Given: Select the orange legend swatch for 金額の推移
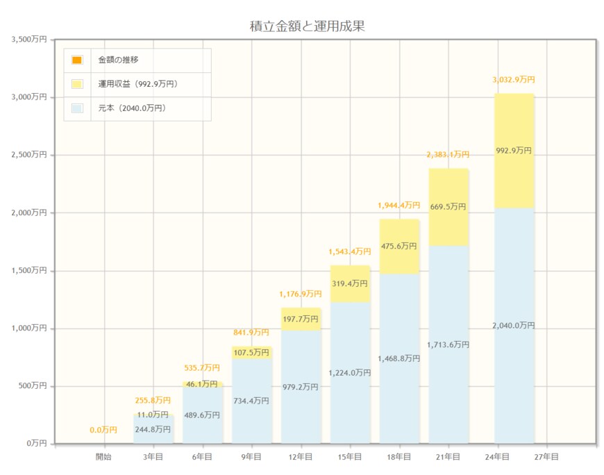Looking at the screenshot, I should click(x=76, y=60).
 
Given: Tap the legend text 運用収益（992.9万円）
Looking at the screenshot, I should click(x=138, y=84).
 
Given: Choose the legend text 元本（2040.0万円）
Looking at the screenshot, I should click(x=132, y=108).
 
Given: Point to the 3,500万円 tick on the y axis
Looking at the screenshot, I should click(x=29, y=40).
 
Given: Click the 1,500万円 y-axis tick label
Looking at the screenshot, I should click(x=29, y=271).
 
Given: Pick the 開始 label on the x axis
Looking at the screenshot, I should click(x=103, y=457).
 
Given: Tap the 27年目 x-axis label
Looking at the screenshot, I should click(x=546, y=457).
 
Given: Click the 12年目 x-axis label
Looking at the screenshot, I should click(x=301, y=457).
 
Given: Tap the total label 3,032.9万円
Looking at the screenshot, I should click(x=514, y=80).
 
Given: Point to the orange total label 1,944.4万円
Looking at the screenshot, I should click(x=399, y=206).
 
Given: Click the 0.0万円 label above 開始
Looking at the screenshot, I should click(x=103, y=430).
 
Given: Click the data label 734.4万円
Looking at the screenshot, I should click(x=251, y=401).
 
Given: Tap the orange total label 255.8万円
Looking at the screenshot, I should click(x=153, y=401).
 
